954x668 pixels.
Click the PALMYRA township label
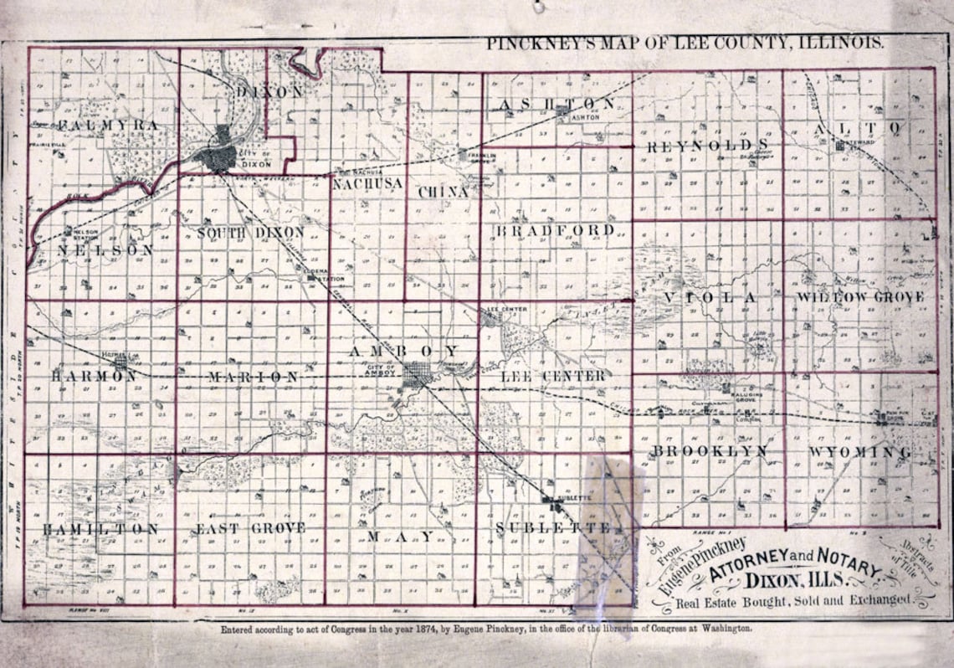click(x=109, y=126)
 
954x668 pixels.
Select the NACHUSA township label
click(x=367, y=182)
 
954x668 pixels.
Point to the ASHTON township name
click(x=556, y=104)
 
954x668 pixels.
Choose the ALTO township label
click(x=859, y=128)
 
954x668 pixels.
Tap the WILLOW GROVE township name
click(x=860, y=298)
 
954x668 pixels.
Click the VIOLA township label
click(x=710, y=298)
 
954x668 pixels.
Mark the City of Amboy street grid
click(x=416, y=377)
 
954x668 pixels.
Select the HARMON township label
click(x=94, y=377)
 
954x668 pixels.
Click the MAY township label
click(x=402, y=536)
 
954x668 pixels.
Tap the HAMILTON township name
click(x=100, y=529)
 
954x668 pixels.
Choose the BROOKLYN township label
click(x=710, y=452)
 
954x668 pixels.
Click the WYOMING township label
click(x=860, y=453)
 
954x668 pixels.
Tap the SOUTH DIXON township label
click(x=251, y=232)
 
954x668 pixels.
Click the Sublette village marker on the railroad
click(x=550, y=501)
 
